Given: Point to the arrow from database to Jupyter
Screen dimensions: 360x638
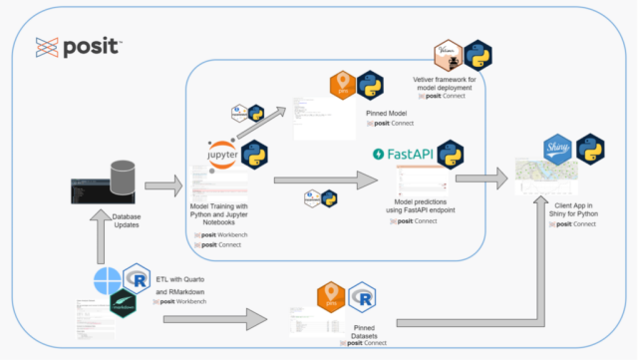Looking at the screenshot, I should coord(161,184).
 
